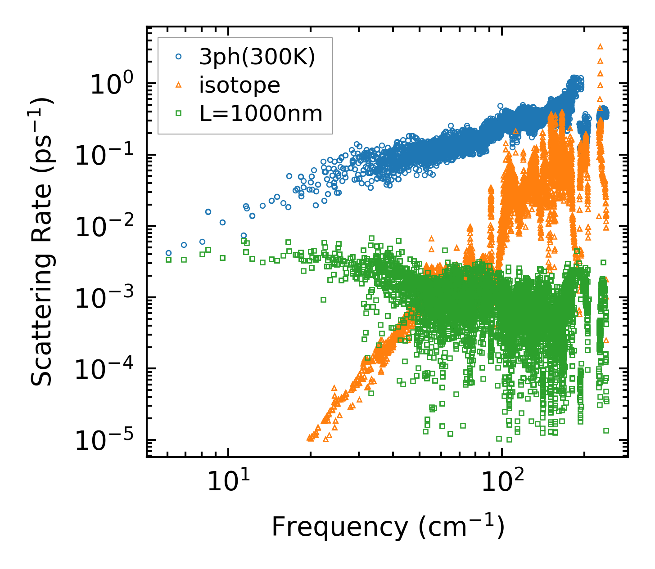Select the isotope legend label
click(239, 85)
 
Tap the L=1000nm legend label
click(261, 113)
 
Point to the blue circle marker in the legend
click(179, 57)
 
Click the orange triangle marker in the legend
click(179, 85)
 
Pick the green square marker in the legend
click(179, 113)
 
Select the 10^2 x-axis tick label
click(501, 483)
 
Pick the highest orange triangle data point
click(600, 46)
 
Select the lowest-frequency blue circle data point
click(168, 253)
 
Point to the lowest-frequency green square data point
click(168, 260)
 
